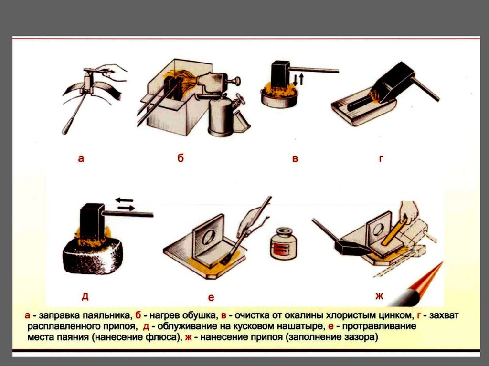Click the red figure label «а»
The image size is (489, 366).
click(81, 159)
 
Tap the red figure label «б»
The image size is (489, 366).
click(181, 158)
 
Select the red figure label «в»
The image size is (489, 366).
click(295, 159)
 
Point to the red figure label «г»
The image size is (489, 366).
click(381, 159)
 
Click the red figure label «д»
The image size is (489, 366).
click(85, 296)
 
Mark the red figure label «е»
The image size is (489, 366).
click(211, 298)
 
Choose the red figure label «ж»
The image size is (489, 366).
click(379, 296)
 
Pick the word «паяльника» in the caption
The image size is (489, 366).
click(107, 315)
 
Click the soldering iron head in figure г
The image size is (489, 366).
click(395, 82)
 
